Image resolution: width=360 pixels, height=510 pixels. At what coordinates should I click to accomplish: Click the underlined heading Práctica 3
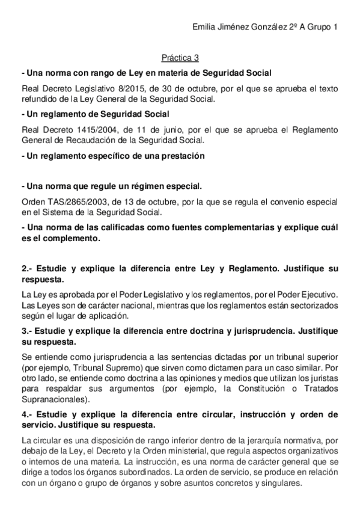click(180, 58)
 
